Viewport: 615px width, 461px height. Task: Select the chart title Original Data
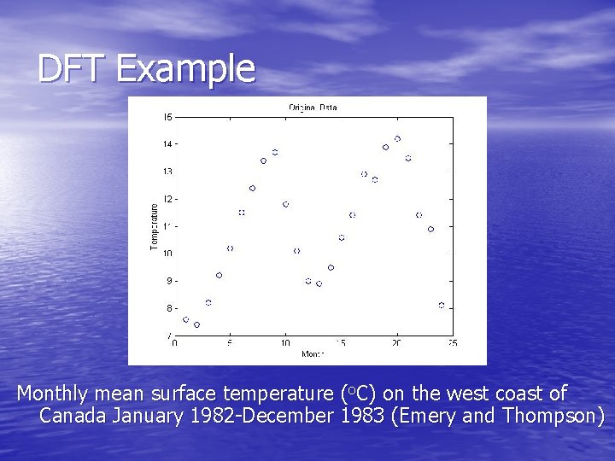(x=313, y=108)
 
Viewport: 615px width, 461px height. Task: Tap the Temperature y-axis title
(x=155, y=226)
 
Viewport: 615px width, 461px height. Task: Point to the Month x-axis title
(x=313, y=353)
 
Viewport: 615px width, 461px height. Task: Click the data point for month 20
(x=397, y=138)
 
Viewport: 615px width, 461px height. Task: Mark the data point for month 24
(x=442, y=305)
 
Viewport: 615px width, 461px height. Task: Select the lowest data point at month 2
(x=196, y=324)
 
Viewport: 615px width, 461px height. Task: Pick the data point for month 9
(x=275, y=152)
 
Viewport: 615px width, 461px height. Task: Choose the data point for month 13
(x=319, y=283)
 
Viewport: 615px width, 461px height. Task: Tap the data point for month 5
(x=230, y=248)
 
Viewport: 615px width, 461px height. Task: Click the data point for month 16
(x=352, y=215)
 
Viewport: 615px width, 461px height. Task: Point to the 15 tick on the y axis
(x=168, y=117)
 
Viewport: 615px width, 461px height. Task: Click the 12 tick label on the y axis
(x=168, y=199)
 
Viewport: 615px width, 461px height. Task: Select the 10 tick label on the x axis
(x=285, y=343)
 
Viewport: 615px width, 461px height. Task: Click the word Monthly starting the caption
(x=52, y=394)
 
